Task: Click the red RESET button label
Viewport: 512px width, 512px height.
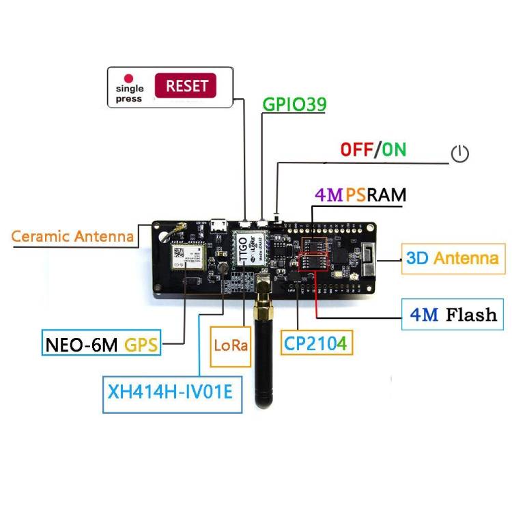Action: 186,87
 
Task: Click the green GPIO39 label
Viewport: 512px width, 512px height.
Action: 294,104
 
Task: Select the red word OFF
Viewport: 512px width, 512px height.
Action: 356,150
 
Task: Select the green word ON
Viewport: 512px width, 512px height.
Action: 393,150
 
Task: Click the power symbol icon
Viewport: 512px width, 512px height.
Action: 460,154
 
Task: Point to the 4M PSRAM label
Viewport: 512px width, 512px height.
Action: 360,195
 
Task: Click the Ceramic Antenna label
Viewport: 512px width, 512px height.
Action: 72,237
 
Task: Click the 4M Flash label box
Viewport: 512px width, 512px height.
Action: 452,315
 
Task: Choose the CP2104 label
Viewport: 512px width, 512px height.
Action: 315,342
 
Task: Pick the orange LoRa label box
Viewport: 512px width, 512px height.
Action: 230,342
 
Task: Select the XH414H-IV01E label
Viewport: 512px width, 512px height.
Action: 171,393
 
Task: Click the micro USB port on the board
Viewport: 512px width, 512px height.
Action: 220,225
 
